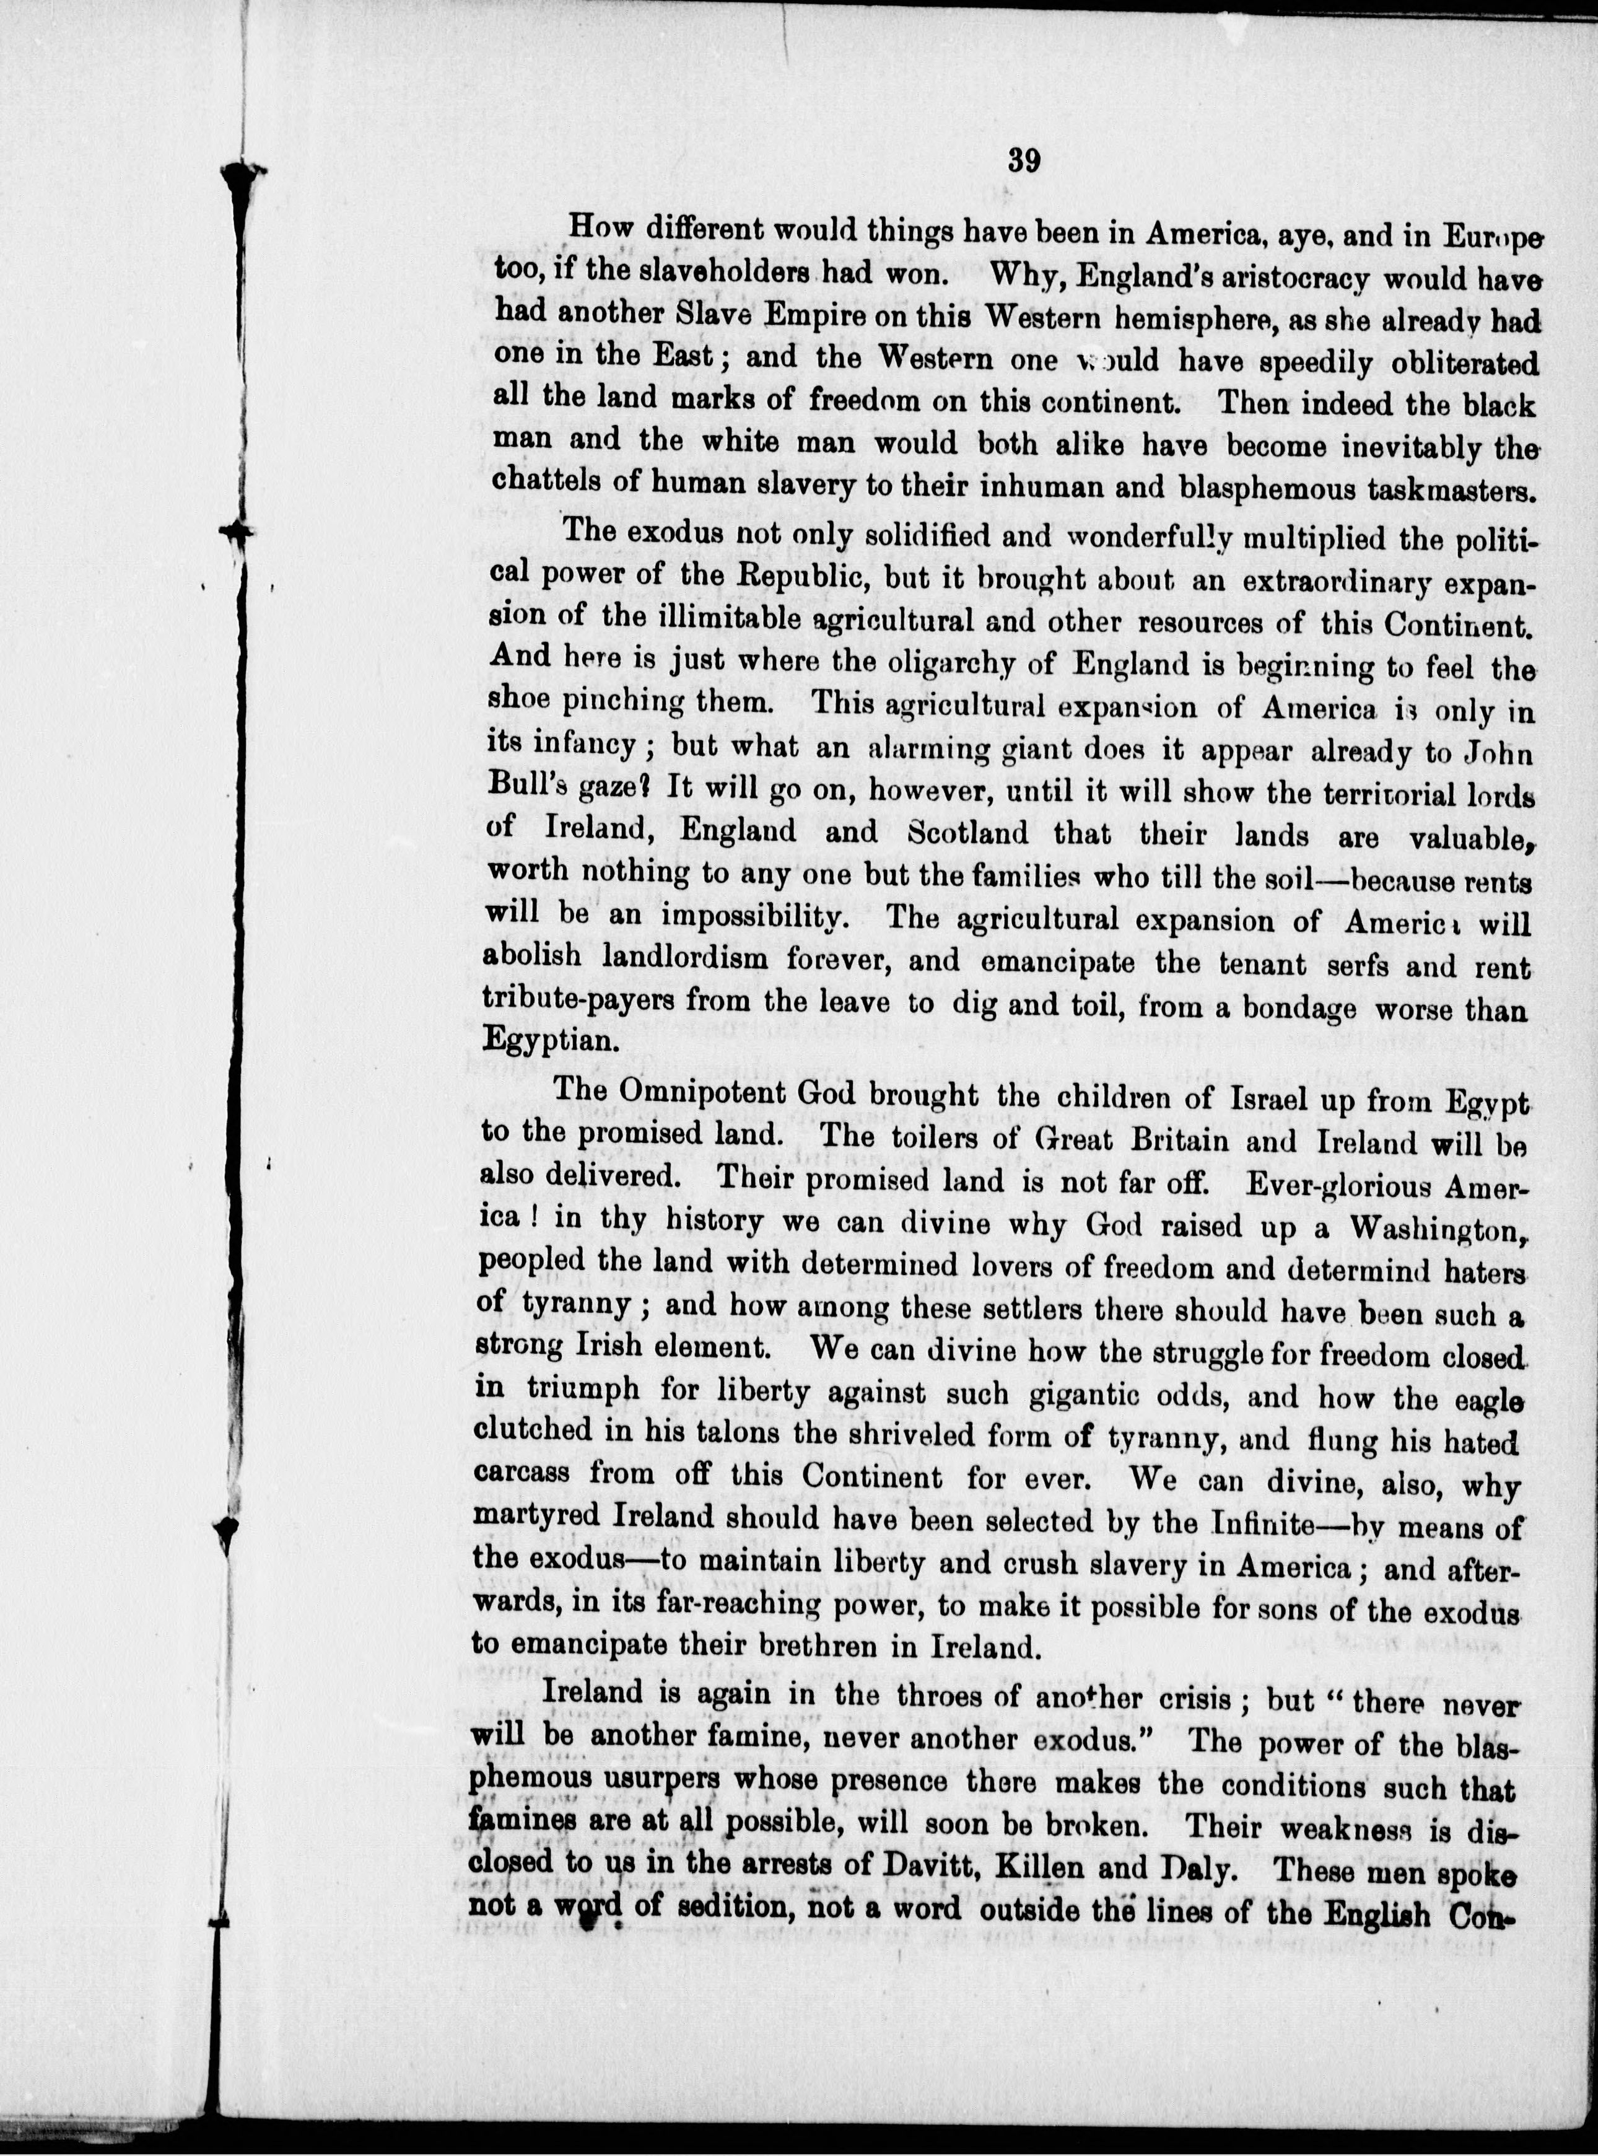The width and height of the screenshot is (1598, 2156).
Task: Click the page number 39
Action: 1023,160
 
